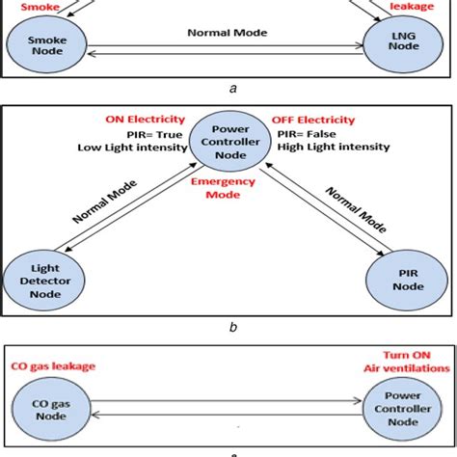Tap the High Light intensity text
coord(332,148)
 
